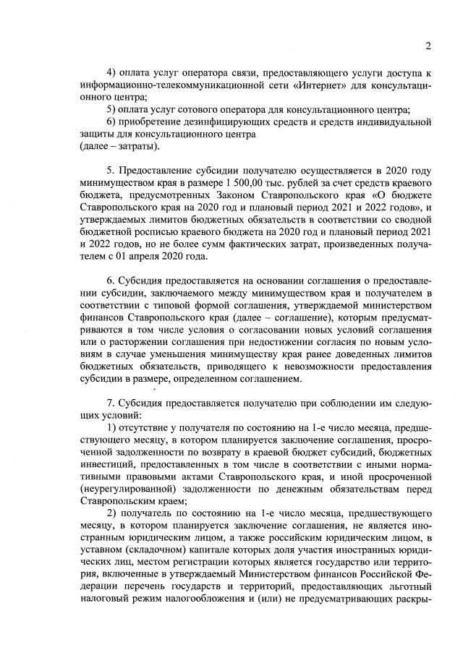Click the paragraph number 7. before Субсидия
click(111, 406)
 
